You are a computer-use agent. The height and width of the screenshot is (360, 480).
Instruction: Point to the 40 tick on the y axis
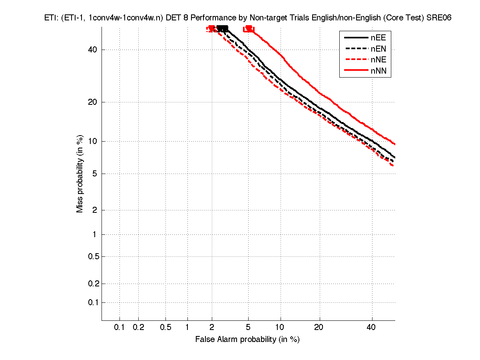93,50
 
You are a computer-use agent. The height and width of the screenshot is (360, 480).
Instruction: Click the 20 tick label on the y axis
93,102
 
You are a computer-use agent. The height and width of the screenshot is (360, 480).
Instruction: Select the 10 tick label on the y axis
93,141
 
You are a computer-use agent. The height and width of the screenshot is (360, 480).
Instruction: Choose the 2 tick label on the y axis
95,210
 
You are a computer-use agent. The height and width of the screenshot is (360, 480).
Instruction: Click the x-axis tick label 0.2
138,327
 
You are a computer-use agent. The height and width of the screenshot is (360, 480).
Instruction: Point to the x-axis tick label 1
187,327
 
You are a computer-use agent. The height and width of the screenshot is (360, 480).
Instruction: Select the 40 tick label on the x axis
371,327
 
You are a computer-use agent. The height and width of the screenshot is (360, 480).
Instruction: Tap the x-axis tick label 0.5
165,327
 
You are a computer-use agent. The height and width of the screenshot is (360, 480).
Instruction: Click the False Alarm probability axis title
247,340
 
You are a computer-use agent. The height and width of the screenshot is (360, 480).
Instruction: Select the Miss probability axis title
80,174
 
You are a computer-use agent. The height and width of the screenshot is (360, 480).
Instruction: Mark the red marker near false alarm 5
249,29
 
